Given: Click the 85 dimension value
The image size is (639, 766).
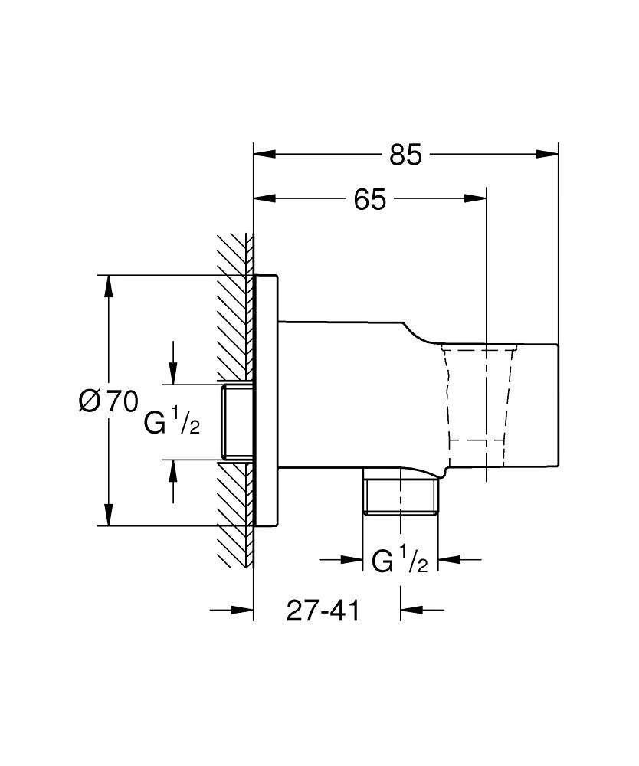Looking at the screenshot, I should [405, 154].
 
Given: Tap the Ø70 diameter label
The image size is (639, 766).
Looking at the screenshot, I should [108, 401].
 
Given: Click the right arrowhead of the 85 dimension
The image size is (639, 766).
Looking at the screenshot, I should [547, 154].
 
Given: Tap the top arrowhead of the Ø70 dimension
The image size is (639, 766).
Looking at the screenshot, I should [109, 286].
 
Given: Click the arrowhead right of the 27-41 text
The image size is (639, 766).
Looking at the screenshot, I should [411, 610].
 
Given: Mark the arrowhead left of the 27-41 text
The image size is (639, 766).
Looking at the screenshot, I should [243, 610].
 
